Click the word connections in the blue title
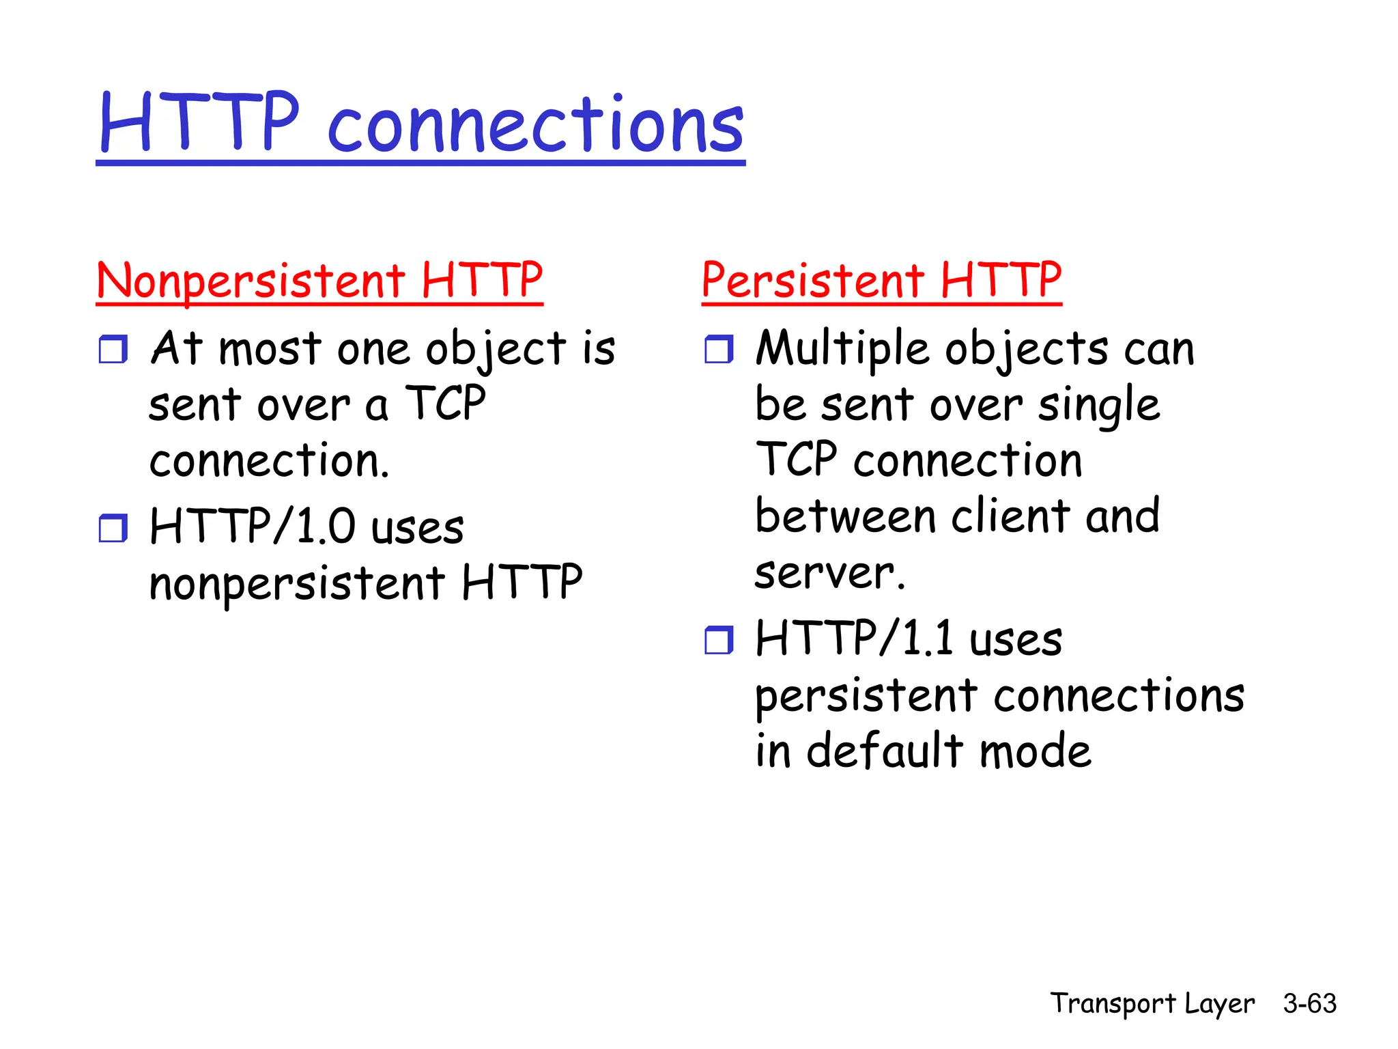click(536, 125)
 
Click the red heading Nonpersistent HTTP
click(319, 281)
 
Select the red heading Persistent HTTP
click(881, 281)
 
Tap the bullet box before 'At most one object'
click(113, 349)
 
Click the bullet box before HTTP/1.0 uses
click(113, 528)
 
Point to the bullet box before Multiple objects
click(719, 349)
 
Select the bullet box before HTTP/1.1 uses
click(719, 640)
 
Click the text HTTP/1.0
click(253, 527)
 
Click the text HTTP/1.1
click(854, 639)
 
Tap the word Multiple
click(842, 349)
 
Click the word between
click(845, 516)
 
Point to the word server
click(829, 573)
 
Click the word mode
click(1036, 751)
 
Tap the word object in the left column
click(496, 349)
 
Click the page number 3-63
click(1309, 1003)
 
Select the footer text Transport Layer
click(1152, 1003)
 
